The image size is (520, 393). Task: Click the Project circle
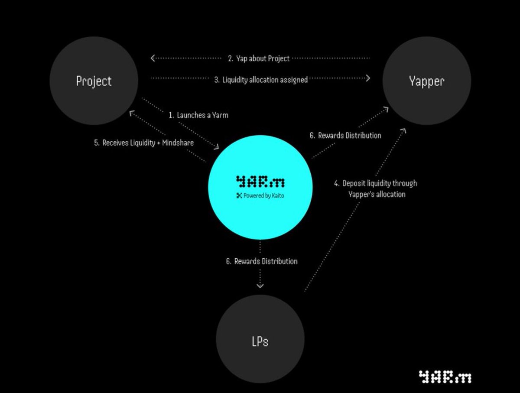pyautogui.click(x=94, y=81)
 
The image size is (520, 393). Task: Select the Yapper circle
pyautogui.click(x=426, y=81)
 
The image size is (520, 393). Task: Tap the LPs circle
pyautogui.click(x=260, y=341)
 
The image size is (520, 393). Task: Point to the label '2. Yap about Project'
pyautogui.click(x=259, y=58)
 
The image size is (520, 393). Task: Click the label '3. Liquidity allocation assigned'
pyautogui.click(x=260, y=79)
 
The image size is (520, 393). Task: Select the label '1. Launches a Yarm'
pyautogui.click(x=198, y=115)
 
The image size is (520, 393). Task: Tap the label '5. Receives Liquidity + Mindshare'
pyautogui.click(x=143, y=143)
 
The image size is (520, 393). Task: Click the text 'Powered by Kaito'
pyautogui.click(x=263, y=195)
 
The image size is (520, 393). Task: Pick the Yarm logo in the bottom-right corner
pyautogui.click(x=445, y=377)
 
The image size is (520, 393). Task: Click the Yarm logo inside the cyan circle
pyautogui.click(x=260, y=181)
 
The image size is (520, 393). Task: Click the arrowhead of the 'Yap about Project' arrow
pyautogui.click(x=153, y=58)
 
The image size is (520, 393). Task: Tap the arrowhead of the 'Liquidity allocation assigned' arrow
pyautogui.click(x=368, y=78)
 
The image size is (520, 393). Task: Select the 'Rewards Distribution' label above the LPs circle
pyautogui.click(x=261, y=261)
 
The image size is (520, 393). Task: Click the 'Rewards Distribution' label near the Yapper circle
pyautogui.click(x=345, y=135)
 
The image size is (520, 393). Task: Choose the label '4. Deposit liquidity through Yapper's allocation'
pyautogui.click(x=375, y=188)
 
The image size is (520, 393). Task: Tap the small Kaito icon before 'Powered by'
pyautogui.click(x=239, y=195)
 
